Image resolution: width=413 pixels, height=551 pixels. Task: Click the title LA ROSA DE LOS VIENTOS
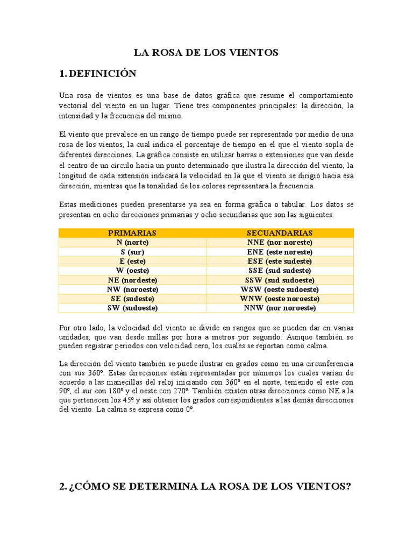coord(206,52)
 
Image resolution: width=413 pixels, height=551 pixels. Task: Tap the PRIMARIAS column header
coord(132,233)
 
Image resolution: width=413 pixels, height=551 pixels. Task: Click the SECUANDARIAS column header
coord(280,233)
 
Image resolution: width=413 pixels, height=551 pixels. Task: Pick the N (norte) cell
coord(132,243)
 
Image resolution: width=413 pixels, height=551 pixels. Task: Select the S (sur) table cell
coord(132,252)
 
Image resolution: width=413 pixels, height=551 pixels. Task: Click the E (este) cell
coord(132,261)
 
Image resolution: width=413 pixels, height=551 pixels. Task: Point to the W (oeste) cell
coord(132,270)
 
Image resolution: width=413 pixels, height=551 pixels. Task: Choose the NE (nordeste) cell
coord(132,280)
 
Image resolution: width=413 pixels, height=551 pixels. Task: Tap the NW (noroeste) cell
coord(132,289)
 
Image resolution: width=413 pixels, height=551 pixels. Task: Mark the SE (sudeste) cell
coord(132,299)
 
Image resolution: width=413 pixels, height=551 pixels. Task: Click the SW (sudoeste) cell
coord(132,308)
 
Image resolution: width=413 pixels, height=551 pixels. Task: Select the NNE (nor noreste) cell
coord(280,243)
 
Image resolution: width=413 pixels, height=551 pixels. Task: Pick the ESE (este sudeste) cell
coord(280,261)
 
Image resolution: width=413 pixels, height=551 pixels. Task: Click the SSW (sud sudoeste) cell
coord(280,280)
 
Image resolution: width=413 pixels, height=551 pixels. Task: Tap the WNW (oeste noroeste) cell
coord(280,299)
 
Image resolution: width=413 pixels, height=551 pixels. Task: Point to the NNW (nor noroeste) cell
coord(280,308)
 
